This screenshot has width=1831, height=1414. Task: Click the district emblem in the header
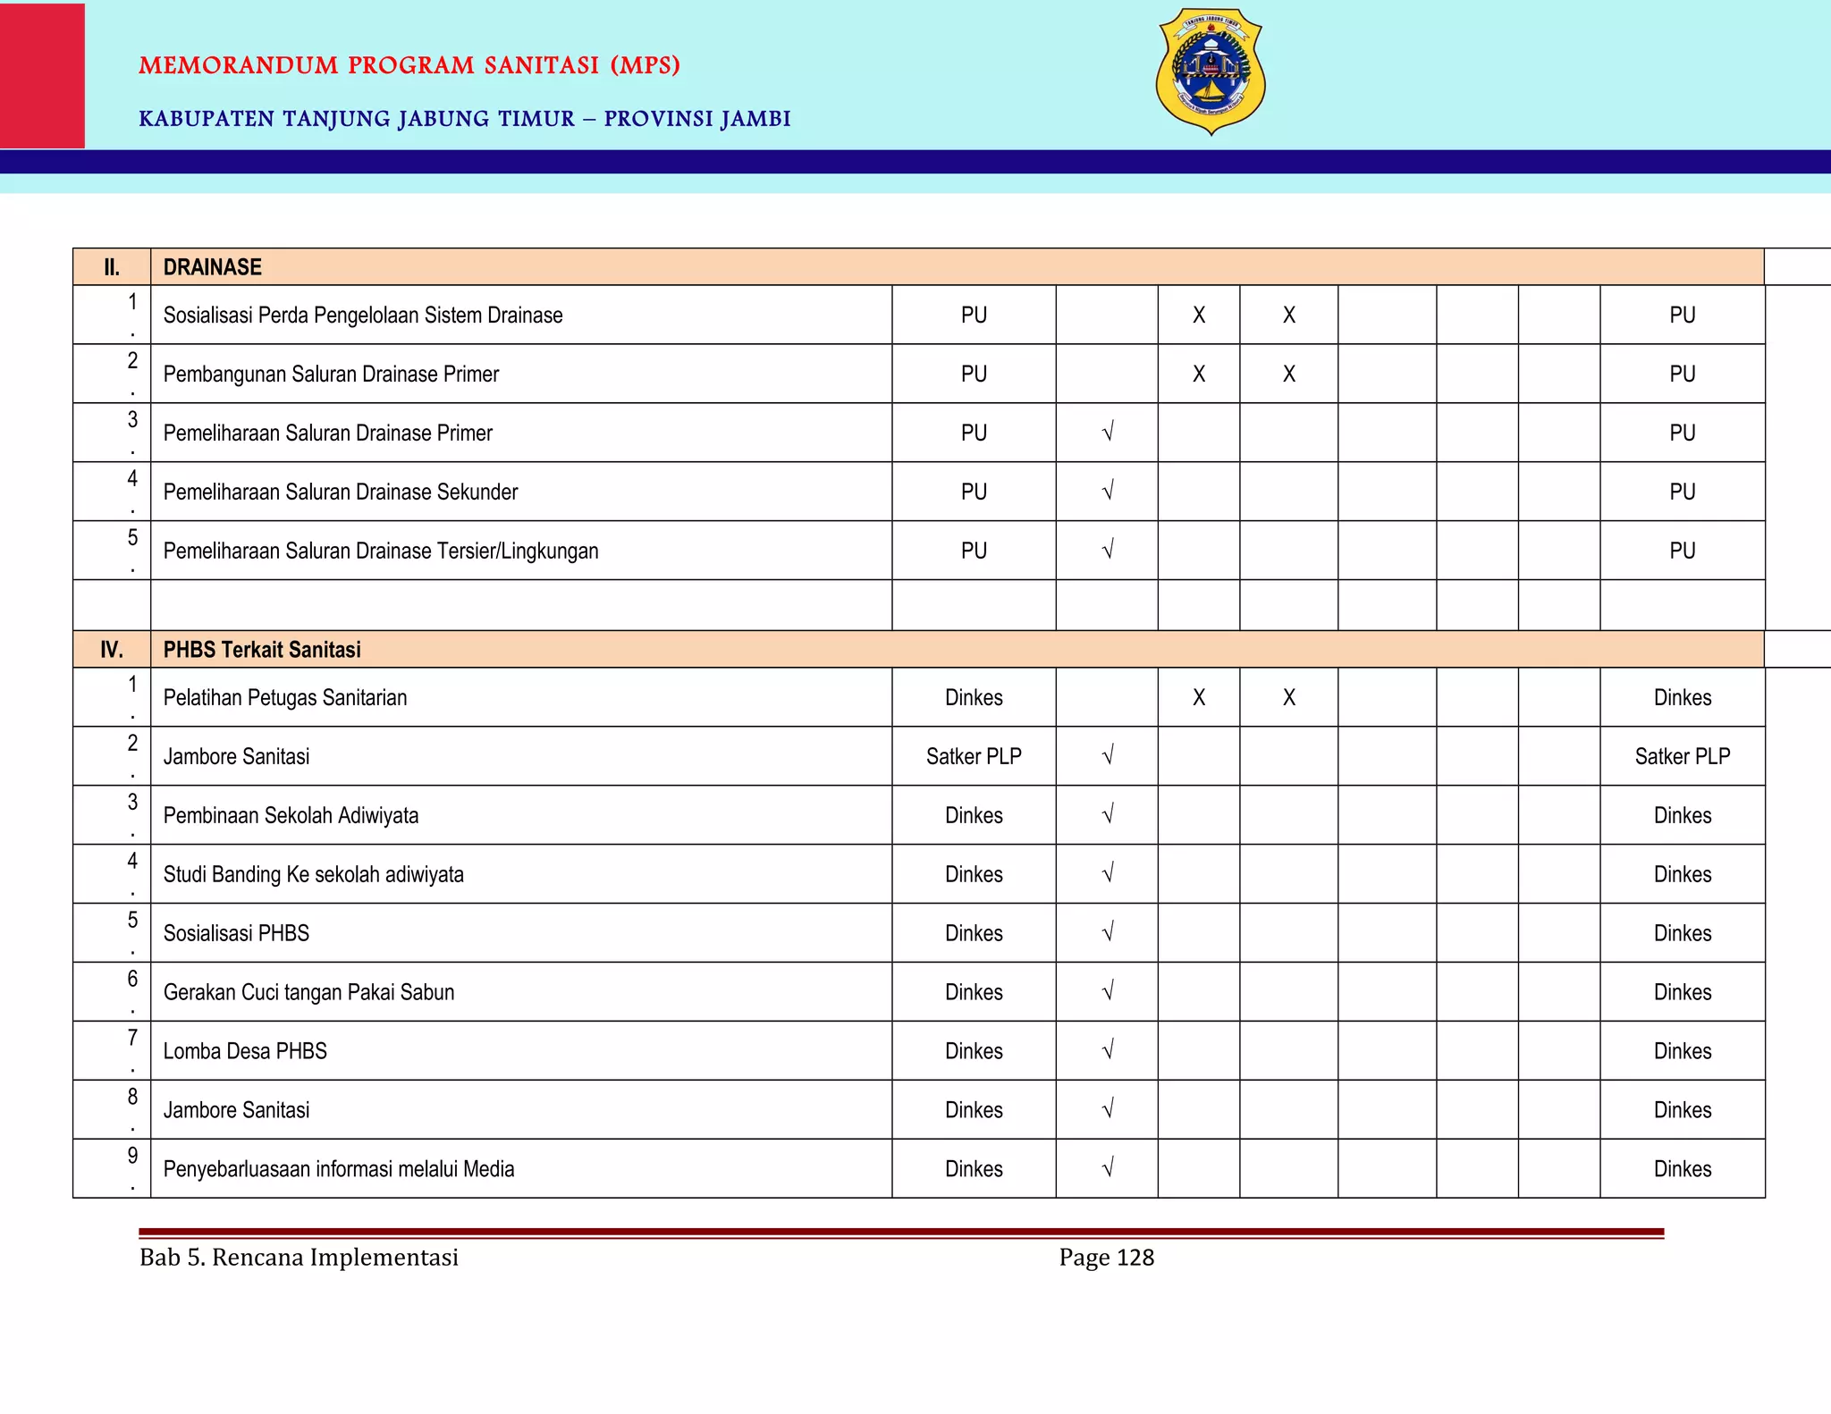pos(1211,72)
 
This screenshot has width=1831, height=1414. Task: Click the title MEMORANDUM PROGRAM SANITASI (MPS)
pos(409,66)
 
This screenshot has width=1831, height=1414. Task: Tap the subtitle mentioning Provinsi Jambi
pos(465,119)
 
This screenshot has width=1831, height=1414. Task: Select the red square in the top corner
pos(42,75)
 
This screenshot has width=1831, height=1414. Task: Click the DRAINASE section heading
pos(213,267)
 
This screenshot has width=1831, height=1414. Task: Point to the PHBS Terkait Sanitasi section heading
pos(262,650)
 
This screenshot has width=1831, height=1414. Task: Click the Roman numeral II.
pos(112,267)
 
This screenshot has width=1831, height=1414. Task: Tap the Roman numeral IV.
pos(112,650)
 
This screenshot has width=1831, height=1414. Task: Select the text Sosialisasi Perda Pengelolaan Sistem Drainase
pos(363,316)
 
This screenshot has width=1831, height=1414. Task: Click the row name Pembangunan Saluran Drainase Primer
pos(331,375)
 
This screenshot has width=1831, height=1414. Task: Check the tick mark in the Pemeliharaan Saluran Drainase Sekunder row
pos(1108,492)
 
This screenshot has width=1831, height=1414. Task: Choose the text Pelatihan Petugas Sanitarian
pos(285,698)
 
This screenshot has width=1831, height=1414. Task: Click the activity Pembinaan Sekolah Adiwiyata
pos(291,816)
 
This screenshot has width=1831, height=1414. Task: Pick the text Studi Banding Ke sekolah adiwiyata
pos(314,875)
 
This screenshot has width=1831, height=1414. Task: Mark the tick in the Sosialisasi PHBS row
pos(1108,933)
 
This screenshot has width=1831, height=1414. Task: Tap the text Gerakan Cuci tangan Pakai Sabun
pos(308,992)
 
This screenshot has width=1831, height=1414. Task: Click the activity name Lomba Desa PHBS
pos(245,1051)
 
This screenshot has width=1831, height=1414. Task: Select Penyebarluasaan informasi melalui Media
pos(339,1169)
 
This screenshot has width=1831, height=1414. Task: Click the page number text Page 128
pos(1107,1258)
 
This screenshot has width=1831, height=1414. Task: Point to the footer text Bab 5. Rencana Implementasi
pos(299,1258)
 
